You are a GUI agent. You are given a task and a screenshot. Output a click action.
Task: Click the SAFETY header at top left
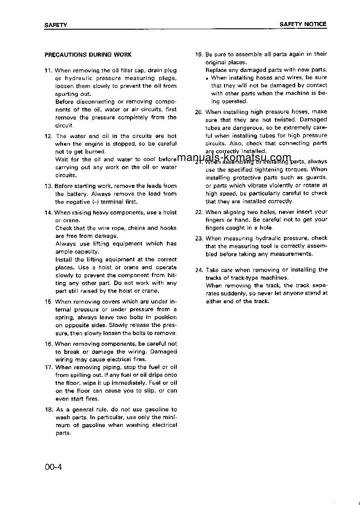tap(56, 25)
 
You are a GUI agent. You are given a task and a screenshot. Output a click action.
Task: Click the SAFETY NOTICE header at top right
tap(303, 24)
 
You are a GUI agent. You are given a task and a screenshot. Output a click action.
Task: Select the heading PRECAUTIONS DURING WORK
tap(88, 55)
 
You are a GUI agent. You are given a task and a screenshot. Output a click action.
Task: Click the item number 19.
tap(199, 54)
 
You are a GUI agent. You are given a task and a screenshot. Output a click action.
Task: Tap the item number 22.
tap(199, 212)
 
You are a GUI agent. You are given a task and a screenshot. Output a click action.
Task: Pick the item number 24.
tap(199, 270)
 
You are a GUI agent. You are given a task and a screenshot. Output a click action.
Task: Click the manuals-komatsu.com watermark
tap(234, 157)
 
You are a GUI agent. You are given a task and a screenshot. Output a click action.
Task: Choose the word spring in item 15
tap(64, 317)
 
